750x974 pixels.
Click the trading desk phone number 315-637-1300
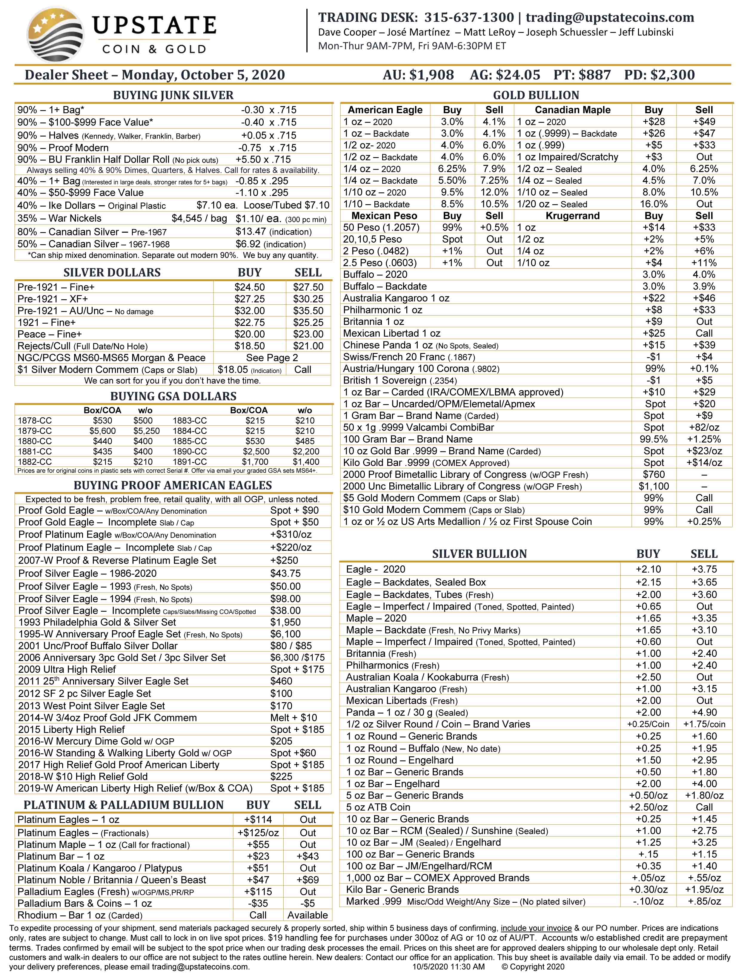coord(469,17)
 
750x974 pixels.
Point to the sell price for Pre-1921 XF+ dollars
coord(308,299)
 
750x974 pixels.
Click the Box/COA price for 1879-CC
coord(102,431)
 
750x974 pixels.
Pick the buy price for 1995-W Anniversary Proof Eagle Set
coord(285,634)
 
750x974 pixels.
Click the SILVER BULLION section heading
coord(479,553)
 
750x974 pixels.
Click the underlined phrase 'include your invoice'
coord(536,928)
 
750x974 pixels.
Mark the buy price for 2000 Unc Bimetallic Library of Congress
coord(653,486)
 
